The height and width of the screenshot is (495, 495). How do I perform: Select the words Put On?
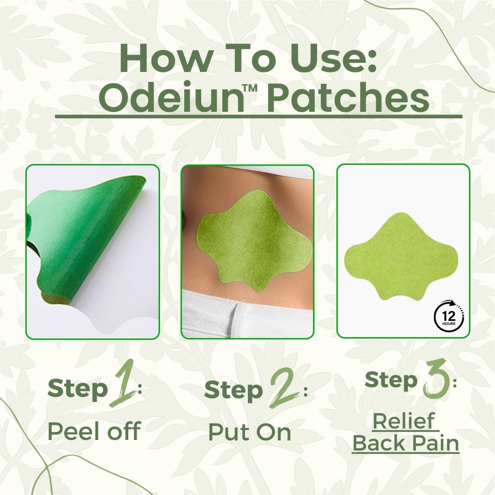250,431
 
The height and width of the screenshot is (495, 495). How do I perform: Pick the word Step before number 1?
77,389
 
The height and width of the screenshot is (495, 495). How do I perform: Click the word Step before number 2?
233,390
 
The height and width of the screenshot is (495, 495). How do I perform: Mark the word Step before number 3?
391,380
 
